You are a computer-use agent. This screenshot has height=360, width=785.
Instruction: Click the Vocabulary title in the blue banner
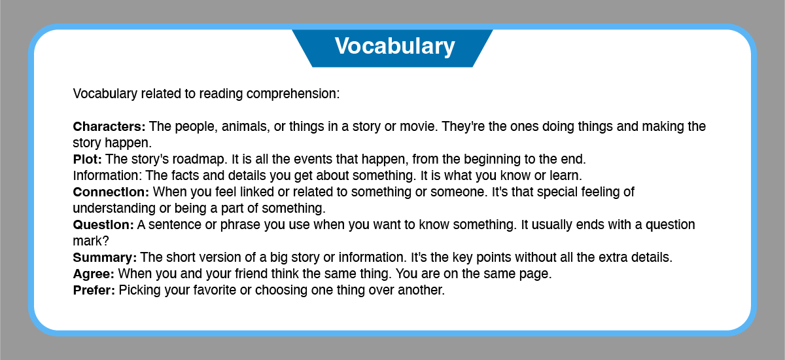tap(394, 46)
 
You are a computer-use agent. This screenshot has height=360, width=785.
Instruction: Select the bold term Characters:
tap(109, 126)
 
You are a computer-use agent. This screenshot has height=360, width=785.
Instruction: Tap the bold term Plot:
tap(87, 160)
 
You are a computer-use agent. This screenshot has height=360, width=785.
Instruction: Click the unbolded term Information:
tap(107, 175)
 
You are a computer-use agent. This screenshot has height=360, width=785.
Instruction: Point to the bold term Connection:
tap(111, 192)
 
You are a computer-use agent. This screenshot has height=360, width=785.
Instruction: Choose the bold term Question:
tap(103, 225)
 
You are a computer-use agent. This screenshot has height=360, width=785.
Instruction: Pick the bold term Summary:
tap(105, 258)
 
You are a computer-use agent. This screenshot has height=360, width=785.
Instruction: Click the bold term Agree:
tap(94, 274)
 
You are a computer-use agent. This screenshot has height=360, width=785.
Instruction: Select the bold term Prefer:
tap(94, 290)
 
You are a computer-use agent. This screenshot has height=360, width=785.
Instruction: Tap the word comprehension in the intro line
tap(293, 94)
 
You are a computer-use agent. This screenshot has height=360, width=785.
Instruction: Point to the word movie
tap(419, 126)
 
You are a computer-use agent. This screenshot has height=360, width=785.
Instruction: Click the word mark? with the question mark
tap(91, 241)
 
